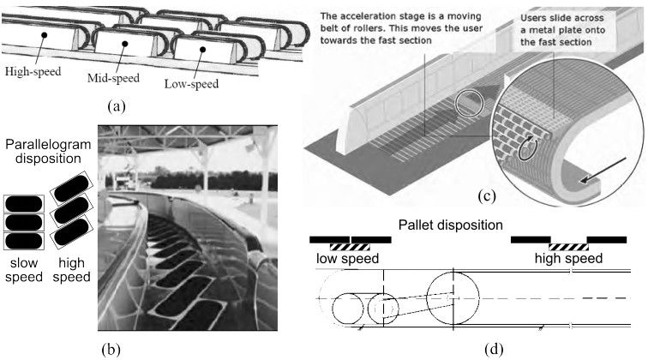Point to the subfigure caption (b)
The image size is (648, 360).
(x=118, y=348)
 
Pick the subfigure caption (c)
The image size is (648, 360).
(x=484, y=195)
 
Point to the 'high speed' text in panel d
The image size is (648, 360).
(x=569, y=258)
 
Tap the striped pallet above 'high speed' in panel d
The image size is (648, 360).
(x=567, y=246)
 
